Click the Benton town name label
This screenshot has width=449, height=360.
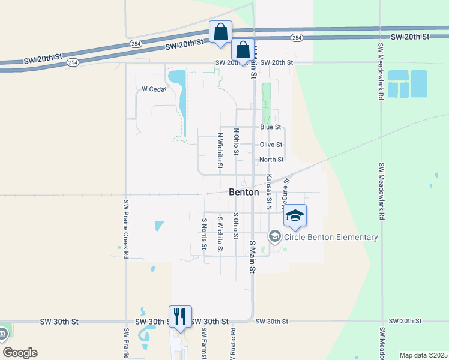pyautogui.click(x=244, y=193)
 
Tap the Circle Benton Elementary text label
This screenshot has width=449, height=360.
pyautogui.click(x=331, y=237)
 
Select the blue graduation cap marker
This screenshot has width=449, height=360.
pyautogui.click(x=295, y=216)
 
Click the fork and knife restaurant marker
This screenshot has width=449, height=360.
pyautogui.click(x=180, y=316)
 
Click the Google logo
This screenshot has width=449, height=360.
pyautogui.click(x=20, y=353)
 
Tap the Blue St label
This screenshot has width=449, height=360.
pyautogui.click(x=270, y=127)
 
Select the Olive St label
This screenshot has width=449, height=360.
pyautogui.click(x=271, y=145)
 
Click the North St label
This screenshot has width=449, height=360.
pyautogui.click(x=271, y=160)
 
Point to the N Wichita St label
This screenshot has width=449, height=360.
pyautogui.click(x=220, y=150)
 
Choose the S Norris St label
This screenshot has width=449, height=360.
pyautogui.click(x=205, y=233)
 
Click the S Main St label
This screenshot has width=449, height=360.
pyautogui.click(x=252, y=257)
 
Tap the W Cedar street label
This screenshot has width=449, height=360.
pyautogui.click(x=152, y=89)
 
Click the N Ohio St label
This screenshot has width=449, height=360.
pyautogui.click(x=237, y=142)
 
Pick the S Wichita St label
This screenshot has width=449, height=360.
pyautogui.click(x=221, y=235)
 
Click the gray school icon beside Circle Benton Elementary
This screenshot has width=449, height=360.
pyautogui.click(x=275, y=236)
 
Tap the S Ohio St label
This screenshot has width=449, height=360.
pyautogui.click(x=236, y=226)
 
